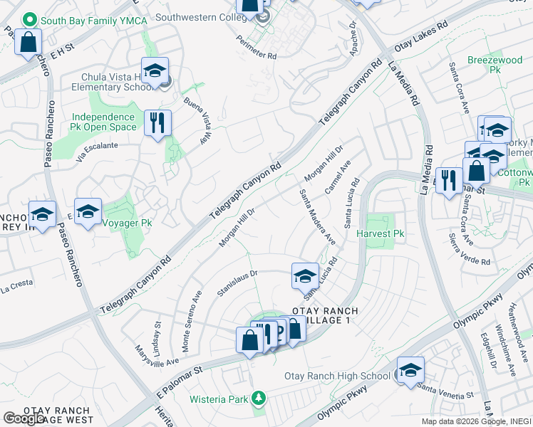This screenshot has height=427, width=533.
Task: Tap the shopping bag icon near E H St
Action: [x=29, y=42]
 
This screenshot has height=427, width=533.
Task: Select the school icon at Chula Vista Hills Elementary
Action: [x=155, y=71]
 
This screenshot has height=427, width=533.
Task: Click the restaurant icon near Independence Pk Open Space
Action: [x=157, y=122]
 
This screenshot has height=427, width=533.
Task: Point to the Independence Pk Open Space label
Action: [x=103, y=122]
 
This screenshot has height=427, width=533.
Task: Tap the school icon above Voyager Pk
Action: [x=88, y=211]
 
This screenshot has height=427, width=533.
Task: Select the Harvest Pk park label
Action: [x=380, y=233]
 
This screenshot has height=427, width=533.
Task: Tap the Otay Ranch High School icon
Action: [x=410, y=371]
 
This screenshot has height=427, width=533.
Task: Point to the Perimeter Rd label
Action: [x=257, y=48]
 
